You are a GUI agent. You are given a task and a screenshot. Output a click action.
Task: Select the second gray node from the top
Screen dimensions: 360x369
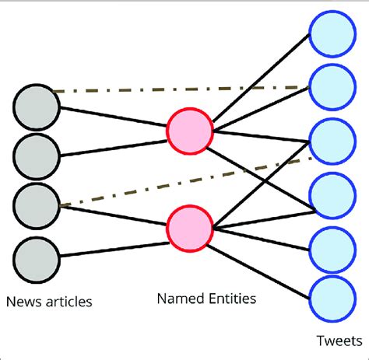point(36,155)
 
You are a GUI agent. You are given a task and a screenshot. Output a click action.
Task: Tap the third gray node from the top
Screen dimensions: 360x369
point(36,204)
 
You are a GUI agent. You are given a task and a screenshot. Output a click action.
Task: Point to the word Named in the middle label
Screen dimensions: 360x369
point(176,298)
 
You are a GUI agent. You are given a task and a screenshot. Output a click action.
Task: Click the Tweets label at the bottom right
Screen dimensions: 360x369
point(335,340)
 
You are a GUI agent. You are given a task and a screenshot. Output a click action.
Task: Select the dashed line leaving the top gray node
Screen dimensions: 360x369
point(179,89)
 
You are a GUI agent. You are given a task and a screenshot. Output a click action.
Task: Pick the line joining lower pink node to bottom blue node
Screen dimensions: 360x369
point(261,262)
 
